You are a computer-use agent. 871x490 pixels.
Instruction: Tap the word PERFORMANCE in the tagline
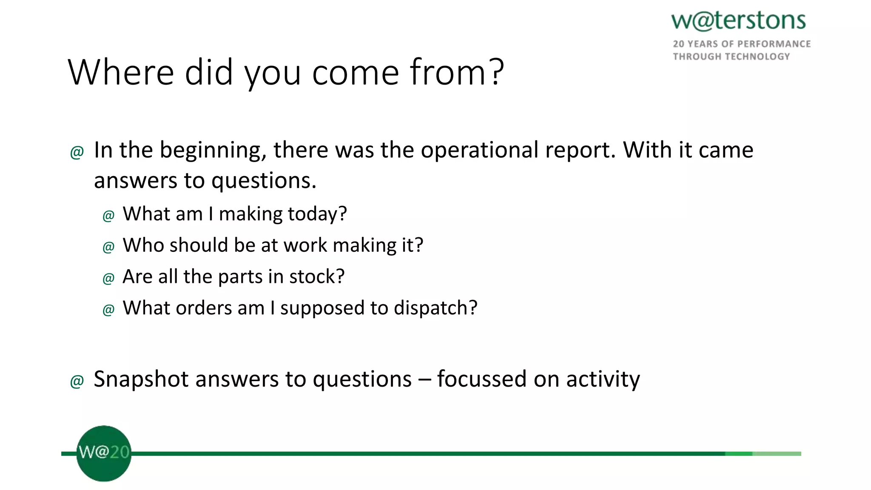point(774,44)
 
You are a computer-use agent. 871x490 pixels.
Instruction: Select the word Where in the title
point(121,72)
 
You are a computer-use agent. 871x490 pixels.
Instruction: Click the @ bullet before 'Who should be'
point(108,247)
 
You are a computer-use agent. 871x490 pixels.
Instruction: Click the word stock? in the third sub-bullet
point(317,277)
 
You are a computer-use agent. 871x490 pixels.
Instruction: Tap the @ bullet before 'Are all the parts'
point(108,278)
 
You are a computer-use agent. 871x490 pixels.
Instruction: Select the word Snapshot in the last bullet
point(141,379)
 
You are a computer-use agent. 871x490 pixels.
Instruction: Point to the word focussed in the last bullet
point(481,379)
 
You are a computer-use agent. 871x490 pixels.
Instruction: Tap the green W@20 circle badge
point(104,453)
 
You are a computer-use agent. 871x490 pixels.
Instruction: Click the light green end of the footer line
point(777,454)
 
